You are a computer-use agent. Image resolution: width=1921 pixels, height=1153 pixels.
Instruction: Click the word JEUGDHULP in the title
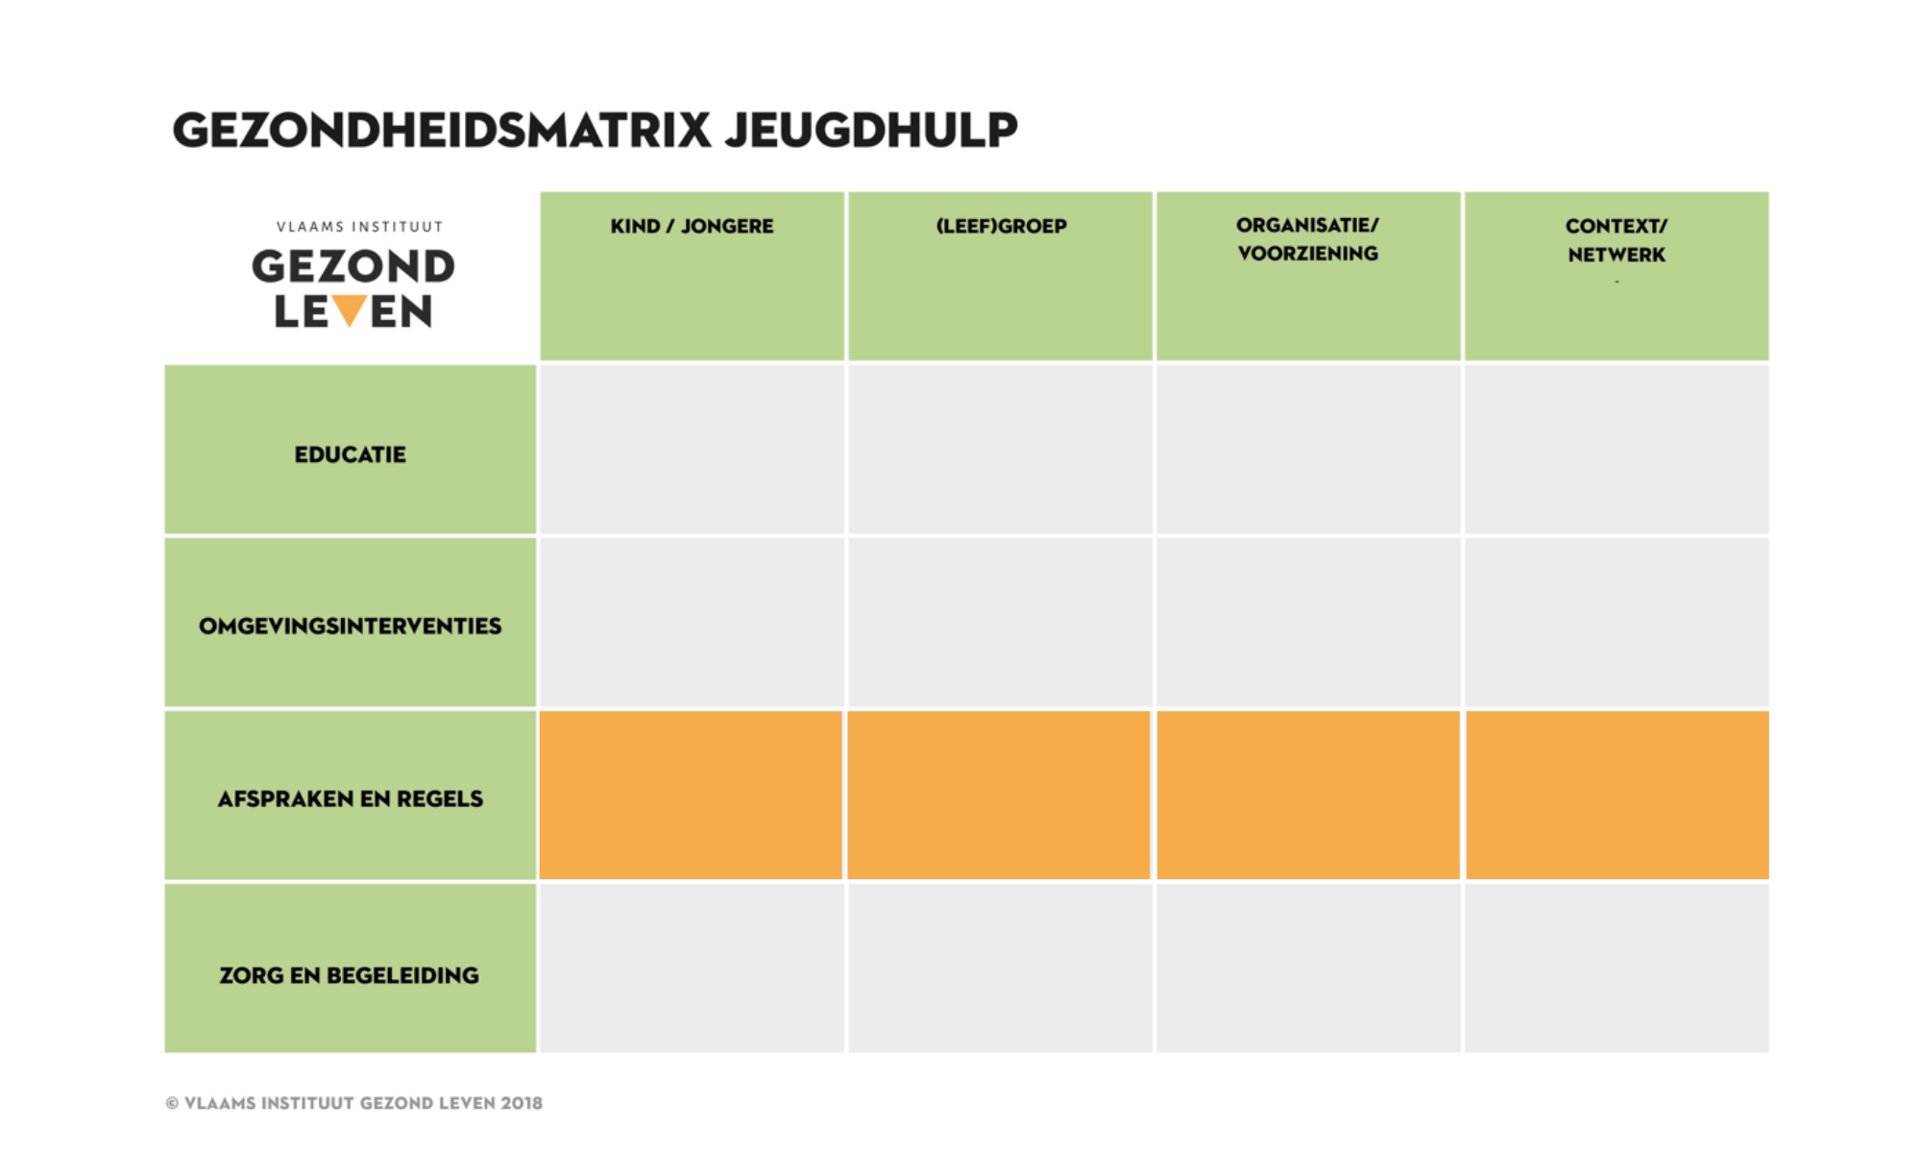[x=871, y=130]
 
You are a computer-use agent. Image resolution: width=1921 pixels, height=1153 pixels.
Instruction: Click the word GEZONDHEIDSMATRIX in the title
[x=442, y=130]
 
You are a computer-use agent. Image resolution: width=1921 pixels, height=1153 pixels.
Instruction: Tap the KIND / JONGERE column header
[x=692, y=227]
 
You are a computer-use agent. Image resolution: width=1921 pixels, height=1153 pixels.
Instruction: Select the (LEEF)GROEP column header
[x=1001, y=227]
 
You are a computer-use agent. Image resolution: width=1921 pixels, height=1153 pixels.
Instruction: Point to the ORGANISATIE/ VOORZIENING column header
[x=1307, y=239]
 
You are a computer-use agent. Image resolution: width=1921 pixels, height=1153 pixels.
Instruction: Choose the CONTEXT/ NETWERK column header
[x=1617, y=240]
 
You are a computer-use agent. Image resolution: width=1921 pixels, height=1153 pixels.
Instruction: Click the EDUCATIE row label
[x=351, y=454]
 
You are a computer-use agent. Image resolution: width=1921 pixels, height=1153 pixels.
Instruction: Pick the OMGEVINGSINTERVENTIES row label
[x=351, y=626]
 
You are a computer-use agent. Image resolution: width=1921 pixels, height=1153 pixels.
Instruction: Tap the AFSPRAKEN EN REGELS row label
[x=351, y=799]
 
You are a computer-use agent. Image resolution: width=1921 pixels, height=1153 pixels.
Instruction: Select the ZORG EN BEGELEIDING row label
[x=350, y=975]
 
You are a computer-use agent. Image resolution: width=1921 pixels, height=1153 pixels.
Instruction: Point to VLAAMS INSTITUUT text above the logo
[x=359, y=227]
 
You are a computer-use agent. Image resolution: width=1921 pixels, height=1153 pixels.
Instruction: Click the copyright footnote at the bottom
[x=354, y=1103]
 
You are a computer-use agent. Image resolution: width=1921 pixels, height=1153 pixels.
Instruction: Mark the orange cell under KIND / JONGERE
[x=692, y=796]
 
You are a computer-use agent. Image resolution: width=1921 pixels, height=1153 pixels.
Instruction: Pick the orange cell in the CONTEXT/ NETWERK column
[x=1617, y=796]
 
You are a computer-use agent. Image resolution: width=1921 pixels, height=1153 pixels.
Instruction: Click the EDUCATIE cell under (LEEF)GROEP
[x=1000, y=449]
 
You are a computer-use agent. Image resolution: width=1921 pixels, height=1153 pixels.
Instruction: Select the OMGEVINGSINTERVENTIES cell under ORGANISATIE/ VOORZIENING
[x=1308, y=622]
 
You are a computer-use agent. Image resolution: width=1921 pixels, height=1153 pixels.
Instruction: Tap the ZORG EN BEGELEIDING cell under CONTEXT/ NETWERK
[x=1617, y=968]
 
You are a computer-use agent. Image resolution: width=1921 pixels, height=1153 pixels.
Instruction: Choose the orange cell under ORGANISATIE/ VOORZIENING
[x=1308, y=796]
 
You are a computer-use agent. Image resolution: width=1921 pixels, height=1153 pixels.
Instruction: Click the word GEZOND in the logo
[x=353, y=267]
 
